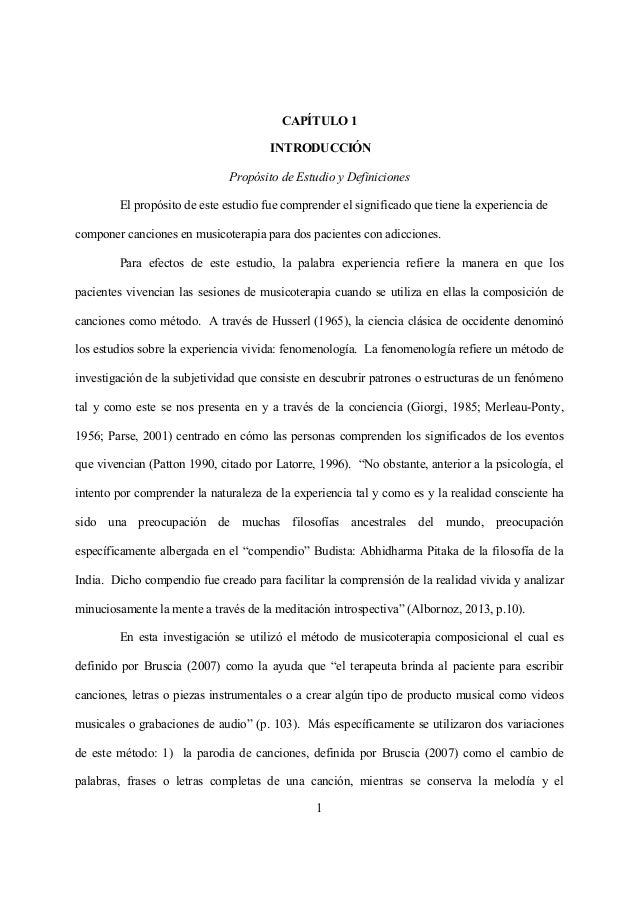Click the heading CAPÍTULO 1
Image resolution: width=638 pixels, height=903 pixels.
click(319, 122)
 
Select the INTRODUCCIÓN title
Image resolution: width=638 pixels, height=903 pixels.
click(319, 150)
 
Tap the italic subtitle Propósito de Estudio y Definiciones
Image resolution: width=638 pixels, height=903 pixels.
click(319, 179)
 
